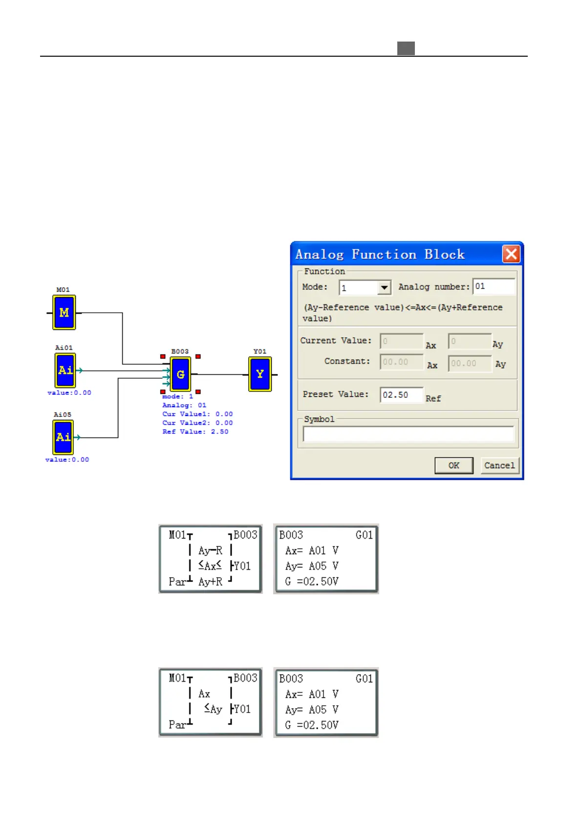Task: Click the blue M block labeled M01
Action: point(64,312)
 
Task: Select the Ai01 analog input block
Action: point(65,370)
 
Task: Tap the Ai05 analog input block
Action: point(63,437)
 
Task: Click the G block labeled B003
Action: point(180,374)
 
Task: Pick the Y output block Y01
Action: point(260,374)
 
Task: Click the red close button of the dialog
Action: point(511,254)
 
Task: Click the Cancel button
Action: point(499,465)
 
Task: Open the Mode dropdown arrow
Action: point(385,288)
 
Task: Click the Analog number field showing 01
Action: point(494,287)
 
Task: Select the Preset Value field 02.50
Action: point(401,395)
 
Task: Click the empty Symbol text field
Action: point(408,434)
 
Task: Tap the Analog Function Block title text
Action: point(380,255)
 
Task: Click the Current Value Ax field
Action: point(402,342)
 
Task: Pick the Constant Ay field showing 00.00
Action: point(470,363)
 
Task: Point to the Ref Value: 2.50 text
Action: point(195,432)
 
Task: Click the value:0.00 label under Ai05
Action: point(67,460)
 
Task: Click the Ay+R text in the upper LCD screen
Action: point(210,582)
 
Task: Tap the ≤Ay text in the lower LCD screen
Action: point(213,709)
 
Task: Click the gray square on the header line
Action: point(406,48)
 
